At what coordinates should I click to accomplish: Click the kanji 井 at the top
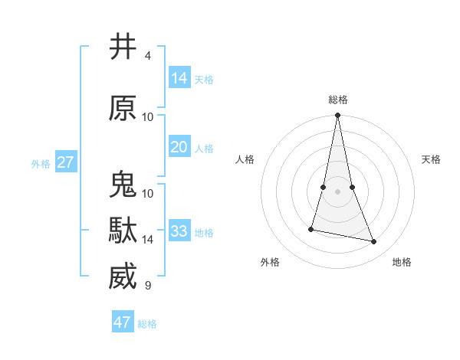[123, 47]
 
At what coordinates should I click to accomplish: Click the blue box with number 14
[179, 77]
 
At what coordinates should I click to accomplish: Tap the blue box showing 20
[179, 147]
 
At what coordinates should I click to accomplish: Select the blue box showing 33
[179, 231]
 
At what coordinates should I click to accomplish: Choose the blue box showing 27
[66, 162]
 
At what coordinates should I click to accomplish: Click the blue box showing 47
[123, 322]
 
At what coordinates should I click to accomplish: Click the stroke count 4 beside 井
[148, 56]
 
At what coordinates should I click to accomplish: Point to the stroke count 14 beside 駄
[148, 240]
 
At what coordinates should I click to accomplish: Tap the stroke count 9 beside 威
[148, 286]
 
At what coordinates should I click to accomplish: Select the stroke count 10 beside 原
[148, 117]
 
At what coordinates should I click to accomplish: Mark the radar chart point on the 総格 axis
[337, 116]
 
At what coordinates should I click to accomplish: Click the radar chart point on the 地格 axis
[374, 242]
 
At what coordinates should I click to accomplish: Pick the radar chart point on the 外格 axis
[311, 228]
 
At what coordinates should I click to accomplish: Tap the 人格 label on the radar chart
[245, 159]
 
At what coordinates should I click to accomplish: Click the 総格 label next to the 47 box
[147, 324]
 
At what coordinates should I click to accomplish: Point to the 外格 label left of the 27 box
[41, 163]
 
